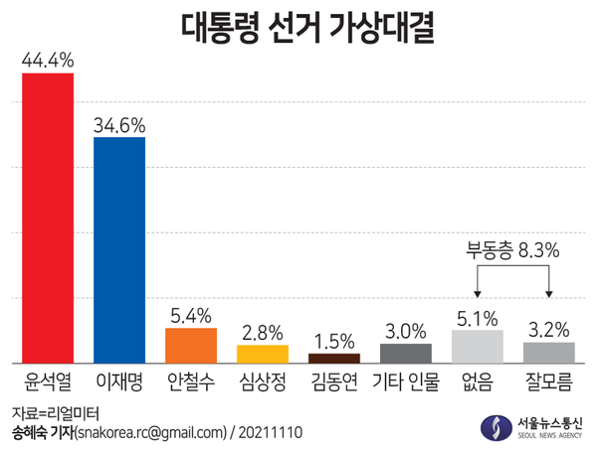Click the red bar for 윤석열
[48, 219]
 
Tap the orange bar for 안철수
[191, 345]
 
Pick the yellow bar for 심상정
[263, 354]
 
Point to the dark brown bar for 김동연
[334, 358]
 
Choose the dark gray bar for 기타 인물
[406, 353]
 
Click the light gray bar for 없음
[478, 346]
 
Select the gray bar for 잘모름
[549, 352]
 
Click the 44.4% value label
[48, 62]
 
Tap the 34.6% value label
[119, 125]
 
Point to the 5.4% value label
[191, 316]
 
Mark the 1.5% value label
[334, 339]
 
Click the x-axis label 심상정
[263, 381]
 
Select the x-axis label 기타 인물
[406, 381]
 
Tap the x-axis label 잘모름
[549, 381]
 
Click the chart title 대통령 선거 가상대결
[298, 27]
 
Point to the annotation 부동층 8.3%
[513, 252]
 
